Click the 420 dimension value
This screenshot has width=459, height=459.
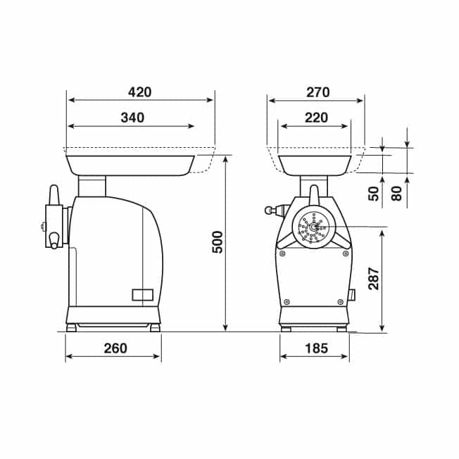140,92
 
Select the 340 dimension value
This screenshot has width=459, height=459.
132,118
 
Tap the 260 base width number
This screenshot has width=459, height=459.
115,348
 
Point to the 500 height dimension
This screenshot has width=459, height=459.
218,242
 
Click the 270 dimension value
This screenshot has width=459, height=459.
318,92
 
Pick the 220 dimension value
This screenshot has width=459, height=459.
316,118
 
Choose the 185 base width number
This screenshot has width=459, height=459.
316,348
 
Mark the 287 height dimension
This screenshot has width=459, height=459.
374,278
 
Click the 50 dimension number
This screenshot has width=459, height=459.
374,194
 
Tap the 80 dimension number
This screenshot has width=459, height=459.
396,194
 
